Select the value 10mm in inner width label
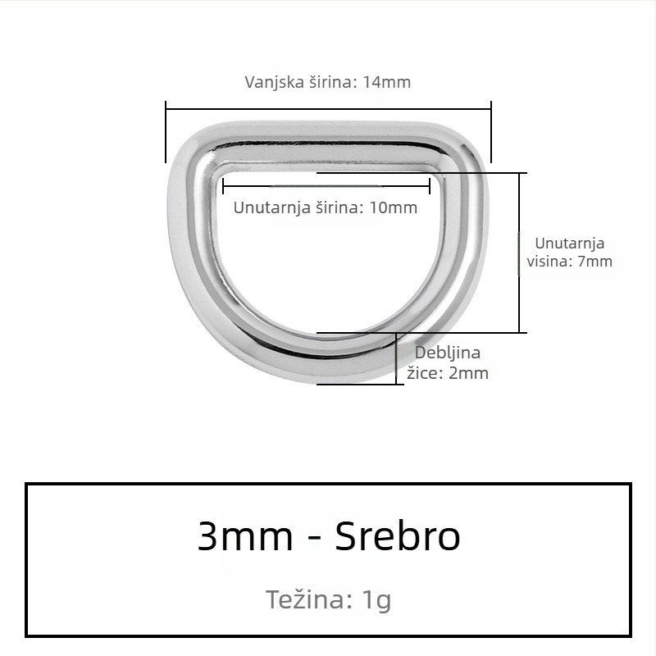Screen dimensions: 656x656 coord(394,207)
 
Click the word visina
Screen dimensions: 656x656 coord(554,262)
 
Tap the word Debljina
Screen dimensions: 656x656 coord(448,353)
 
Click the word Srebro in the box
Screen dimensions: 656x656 coord(398,537)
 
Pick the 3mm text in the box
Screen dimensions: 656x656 coord(244,537)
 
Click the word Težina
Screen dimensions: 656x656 coord(307,599)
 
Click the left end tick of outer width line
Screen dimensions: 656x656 coord(166,131)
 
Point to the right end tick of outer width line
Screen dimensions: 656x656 coord(491,131)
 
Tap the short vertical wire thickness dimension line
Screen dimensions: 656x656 coord(397,358)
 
